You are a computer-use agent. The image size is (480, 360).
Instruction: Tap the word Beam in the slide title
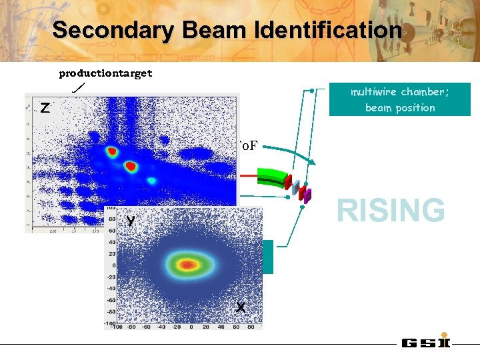[x=207, y=31]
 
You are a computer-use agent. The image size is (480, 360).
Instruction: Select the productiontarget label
[x=105, y=73]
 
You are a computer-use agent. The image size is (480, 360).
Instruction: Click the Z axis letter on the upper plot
[x=44, y=108]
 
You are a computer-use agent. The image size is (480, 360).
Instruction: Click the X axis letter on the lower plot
[x=240, y=307]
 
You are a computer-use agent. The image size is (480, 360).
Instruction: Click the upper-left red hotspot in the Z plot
[x=112, y=152]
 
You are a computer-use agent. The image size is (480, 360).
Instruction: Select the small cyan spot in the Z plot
[x=152, y=181]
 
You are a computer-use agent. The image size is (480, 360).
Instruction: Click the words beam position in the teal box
[x=400, y=108]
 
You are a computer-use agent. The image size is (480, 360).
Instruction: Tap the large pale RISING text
[x=391, y=210]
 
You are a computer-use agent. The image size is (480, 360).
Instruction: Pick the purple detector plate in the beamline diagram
[x=307, y=195]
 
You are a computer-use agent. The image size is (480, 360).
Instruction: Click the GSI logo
[x=426, y=343]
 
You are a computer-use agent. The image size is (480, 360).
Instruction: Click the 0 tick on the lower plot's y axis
[x=113, y=265]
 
